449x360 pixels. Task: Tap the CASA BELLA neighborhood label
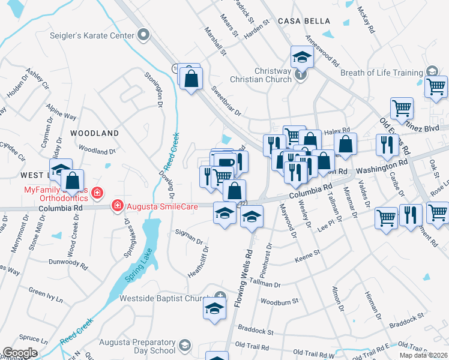click(301, 21)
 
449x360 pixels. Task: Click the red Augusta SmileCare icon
click(117, 205)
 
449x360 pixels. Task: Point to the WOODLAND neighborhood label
click(94, 133)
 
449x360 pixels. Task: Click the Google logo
click(20, 352)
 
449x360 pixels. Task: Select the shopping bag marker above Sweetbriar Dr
click(191, 79)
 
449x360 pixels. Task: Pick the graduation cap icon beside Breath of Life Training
click(431, 71)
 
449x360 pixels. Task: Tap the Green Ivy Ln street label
click(46, 295)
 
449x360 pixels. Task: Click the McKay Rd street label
click(366, 20)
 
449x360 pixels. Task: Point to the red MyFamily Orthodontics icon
click(99, 193)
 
